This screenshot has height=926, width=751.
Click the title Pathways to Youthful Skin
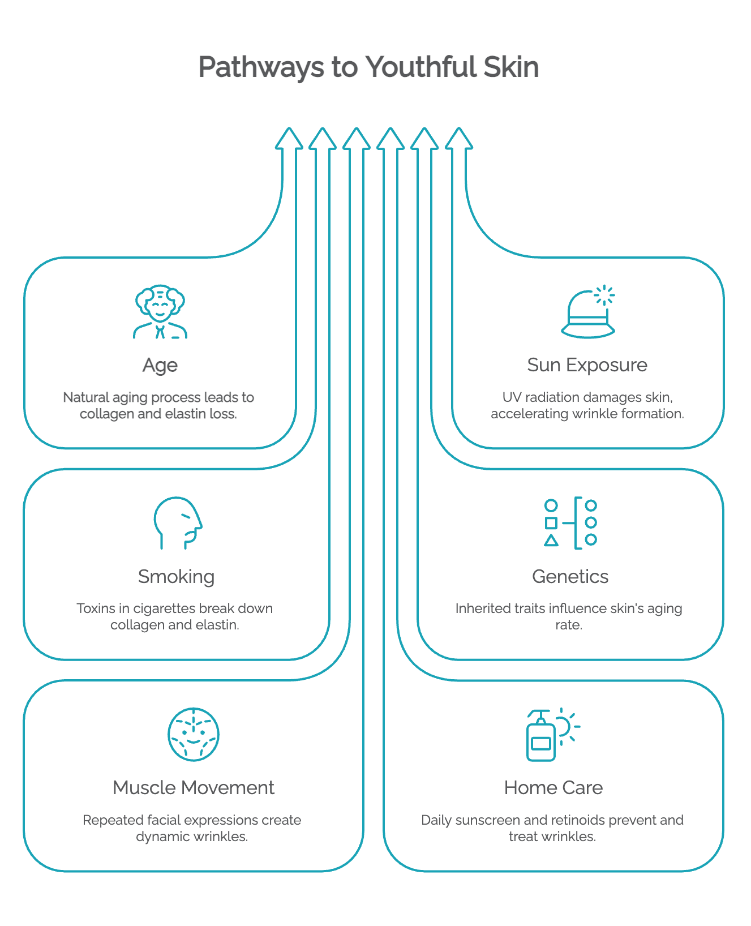368,67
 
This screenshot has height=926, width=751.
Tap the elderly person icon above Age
160,311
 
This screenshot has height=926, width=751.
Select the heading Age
160,365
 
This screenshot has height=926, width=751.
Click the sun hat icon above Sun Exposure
588,311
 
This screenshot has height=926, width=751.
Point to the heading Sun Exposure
587,365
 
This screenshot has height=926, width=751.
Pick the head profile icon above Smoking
178,523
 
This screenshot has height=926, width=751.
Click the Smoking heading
177,577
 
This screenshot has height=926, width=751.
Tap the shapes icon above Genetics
570,523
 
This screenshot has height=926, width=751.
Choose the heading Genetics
570,576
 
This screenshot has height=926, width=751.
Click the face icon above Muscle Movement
194,734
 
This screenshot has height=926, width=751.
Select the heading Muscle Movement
194,788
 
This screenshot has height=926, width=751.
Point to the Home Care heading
553,788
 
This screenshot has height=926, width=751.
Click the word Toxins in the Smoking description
95,608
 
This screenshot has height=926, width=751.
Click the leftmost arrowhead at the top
289,139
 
